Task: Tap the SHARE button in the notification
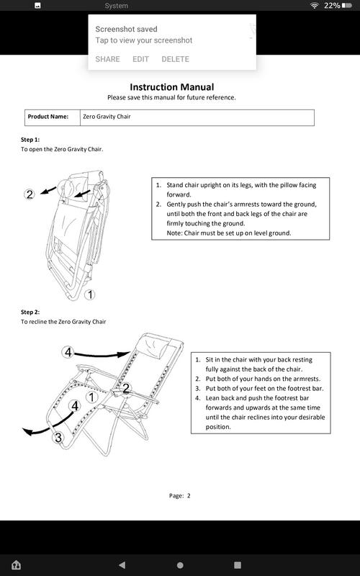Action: click(x=107, y=59)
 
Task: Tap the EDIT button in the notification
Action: click(x=140, y=59)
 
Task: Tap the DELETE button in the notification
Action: click(x=176, y=59)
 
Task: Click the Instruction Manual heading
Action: click(x=172, y=87)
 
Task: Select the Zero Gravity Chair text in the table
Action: click(x=107, y=117)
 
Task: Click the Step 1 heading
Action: click(x=30, y=140)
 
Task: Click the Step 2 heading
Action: click(x=30, y=312)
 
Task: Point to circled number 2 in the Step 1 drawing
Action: click(x=30, y=194)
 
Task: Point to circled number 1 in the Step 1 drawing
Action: click(x=89, y=294)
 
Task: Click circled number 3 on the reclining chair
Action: click(x=59, y=438)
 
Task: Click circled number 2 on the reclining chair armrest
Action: click(x=126, y=388)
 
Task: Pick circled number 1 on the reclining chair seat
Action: click(x=92, y=397)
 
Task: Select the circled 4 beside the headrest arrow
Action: click(x=68, y=353)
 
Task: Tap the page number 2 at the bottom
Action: click(x=189, y=495)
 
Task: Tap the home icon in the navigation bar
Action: click(x=16, y=564)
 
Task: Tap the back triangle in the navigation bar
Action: click(x=122, y=564)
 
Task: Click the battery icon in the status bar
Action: click(x=347, y=6)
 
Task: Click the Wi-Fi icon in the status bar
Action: click(x=314, y=6)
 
